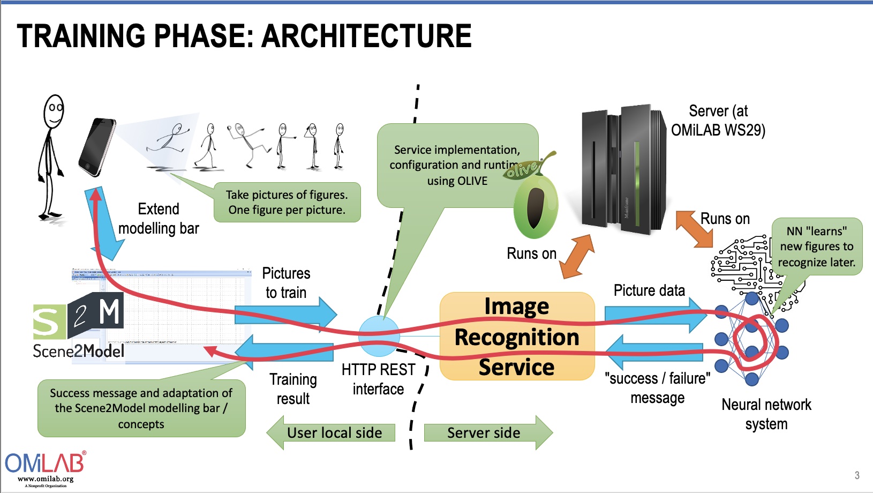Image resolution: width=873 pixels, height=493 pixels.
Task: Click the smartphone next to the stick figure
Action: (97, 147)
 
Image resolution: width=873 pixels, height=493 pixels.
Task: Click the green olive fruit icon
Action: (535, 206)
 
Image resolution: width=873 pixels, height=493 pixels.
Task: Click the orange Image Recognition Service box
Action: (517, 337)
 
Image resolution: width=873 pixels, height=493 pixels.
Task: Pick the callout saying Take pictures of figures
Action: (287, 203)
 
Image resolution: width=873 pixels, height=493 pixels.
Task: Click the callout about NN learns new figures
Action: (816, 246)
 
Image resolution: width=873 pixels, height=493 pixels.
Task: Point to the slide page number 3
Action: (857, 475)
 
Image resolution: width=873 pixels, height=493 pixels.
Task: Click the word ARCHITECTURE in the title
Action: (367, 36)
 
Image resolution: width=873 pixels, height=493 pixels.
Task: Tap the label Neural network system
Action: (766, 414)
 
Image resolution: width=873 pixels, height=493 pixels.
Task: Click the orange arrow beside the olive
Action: (577, 257)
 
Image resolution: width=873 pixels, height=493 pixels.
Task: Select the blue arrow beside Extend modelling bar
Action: (106, 225)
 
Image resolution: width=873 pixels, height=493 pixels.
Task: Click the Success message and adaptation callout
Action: (141, 408)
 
